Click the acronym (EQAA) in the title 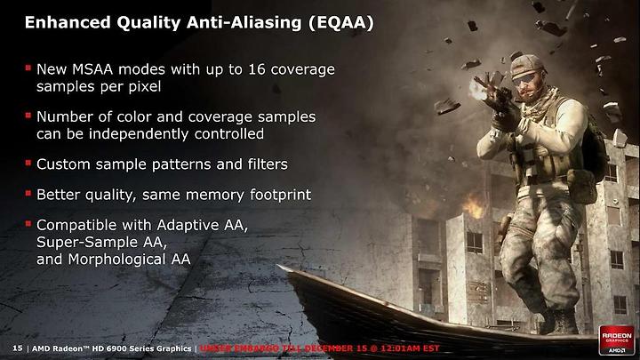[341, 22]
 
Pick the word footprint [280, 195]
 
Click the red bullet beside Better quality [28, 193]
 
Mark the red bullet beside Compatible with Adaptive [28, 224]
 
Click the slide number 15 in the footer [18, 348]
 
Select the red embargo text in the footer [320, 348]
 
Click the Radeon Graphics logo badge [617, 340]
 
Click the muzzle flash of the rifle [477, 90]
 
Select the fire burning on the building [473, 205]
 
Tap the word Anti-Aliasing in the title [243, 22]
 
